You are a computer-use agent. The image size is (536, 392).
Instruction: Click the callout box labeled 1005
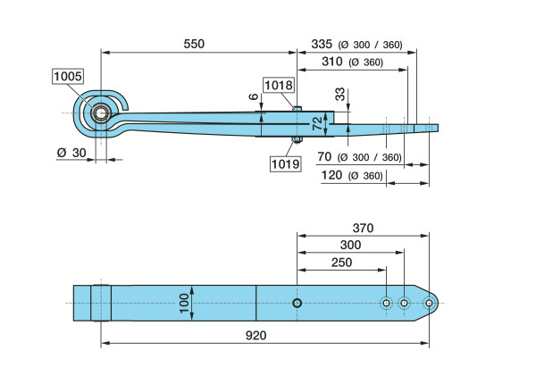click(x=67, y=77)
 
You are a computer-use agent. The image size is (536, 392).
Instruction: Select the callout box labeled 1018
click(x=277, y=87)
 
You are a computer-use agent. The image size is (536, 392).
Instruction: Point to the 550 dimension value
click(x=193, y=43)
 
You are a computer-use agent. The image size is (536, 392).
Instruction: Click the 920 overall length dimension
click(x=256, y=336)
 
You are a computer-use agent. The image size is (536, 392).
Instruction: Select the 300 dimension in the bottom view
click(x=350, y=245)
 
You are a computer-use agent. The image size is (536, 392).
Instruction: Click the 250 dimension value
click(x=340, y=263)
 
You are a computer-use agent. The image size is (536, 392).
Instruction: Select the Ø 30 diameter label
click(x=71, y=153)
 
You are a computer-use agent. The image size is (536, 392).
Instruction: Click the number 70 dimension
click(x=325, y=157)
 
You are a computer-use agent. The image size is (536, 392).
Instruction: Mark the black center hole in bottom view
click(x=297, y=303)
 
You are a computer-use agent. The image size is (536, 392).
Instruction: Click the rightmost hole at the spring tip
click(x=429, y=304)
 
